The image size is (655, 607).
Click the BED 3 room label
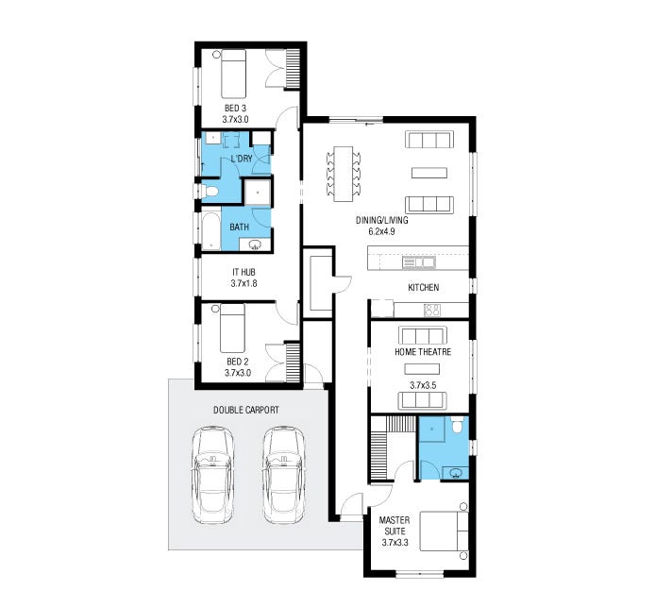(x=234, y=107)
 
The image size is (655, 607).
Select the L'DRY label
(x=242, y=159)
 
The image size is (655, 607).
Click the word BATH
(x=240, y=227)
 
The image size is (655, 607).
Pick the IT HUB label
(x=244, y=271)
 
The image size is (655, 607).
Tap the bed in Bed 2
(x=232, y=327)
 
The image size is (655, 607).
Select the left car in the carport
(x=212, y=475)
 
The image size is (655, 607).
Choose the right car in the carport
(x=283, y=475)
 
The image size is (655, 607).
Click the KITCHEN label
(x=424, y=287)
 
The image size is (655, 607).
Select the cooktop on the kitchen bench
(x=433, y=310)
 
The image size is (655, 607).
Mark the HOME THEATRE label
(x=422, y=352)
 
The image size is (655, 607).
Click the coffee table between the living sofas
(x=428, y=172)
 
